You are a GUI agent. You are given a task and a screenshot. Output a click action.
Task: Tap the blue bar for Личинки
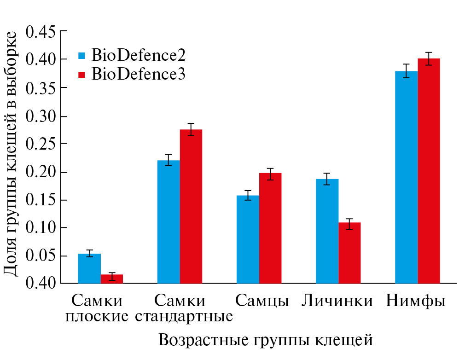point(327,231)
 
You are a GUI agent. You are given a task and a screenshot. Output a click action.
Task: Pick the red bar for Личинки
point(349,253)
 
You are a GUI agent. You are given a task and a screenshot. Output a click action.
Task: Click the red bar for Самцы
point(270,228)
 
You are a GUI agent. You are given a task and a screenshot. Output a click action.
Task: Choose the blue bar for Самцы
point(248,239)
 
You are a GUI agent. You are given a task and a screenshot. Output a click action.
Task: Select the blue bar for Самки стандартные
point(169,221)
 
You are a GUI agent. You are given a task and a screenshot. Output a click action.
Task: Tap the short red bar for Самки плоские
point(112,279)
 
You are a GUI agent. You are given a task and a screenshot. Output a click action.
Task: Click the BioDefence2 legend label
point(138,55)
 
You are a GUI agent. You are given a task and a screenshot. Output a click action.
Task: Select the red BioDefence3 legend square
point(82,74)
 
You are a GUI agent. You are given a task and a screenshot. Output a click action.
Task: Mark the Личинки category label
point(337,301)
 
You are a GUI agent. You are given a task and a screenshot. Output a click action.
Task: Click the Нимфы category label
point(416,301)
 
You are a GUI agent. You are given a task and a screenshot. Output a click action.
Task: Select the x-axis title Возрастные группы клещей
point(265,340)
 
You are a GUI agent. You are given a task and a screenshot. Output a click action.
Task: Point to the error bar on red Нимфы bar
point(429,58)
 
